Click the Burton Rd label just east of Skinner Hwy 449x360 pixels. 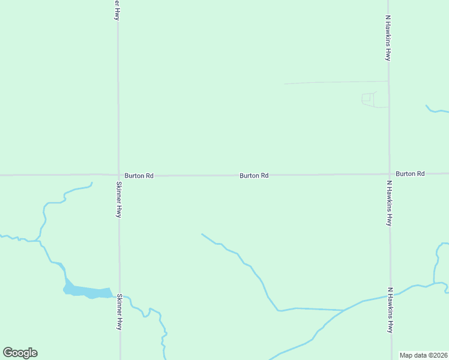pos(139,176)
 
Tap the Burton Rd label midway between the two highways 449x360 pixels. pos(253,176)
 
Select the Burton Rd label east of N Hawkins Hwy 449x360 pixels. pos(410,173)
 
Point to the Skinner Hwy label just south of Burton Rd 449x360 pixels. pos(119,199)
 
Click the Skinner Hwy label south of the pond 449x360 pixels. pos(119,311)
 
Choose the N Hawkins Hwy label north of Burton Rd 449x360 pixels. pos(388,38)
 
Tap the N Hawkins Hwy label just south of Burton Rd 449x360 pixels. pos(389,203)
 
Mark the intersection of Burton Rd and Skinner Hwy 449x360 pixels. pos(119,175)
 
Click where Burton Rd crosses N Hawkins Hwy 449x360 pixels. pos(389,175)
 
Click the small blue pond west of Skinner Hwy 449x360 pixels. pos(87,292)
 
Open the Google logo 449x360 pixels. pos(20,353)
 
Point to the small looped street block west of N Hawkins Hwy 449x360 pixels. pos(368,99)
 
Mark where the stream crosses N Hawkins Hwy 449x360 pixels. pos(390,295)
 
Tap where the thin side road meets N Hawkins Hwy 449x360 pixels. pos(388,81)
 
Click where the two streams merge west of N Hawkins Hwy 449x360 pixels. pos(344,310)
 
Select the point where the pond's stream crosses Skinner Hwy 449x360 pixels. pos(119,297)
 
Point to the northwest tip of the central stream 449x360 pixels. pos(202,234)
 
